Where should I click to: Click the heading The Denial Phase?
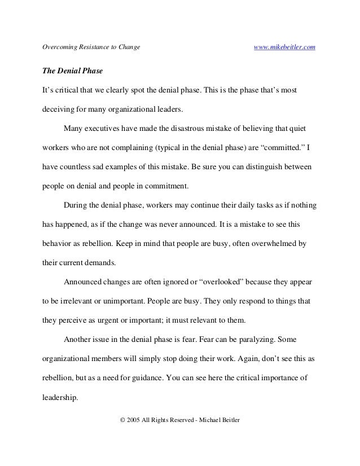click(69, 73)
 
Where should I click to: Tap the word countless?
click(78, 168)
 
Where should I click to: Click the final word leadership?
click(60, 397)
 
